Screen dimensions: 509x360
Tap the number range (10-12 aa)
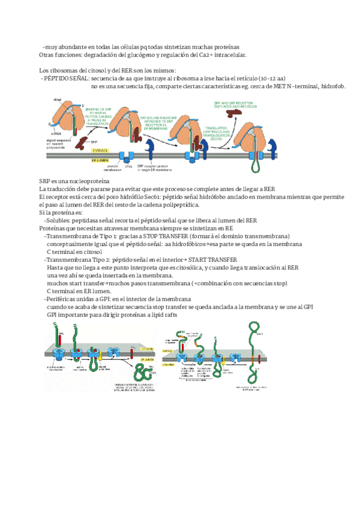pos(272,79)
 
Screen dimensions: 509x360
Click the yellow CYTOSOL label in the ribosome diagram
pos(101,149)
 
